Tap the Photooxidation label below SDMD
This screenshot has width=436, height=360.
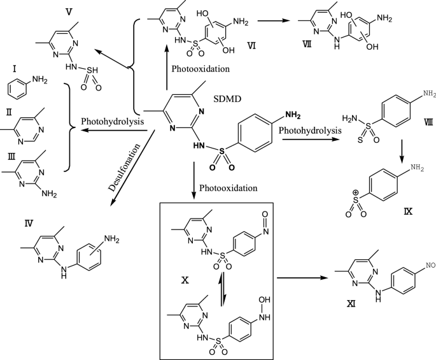point(228,189)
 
